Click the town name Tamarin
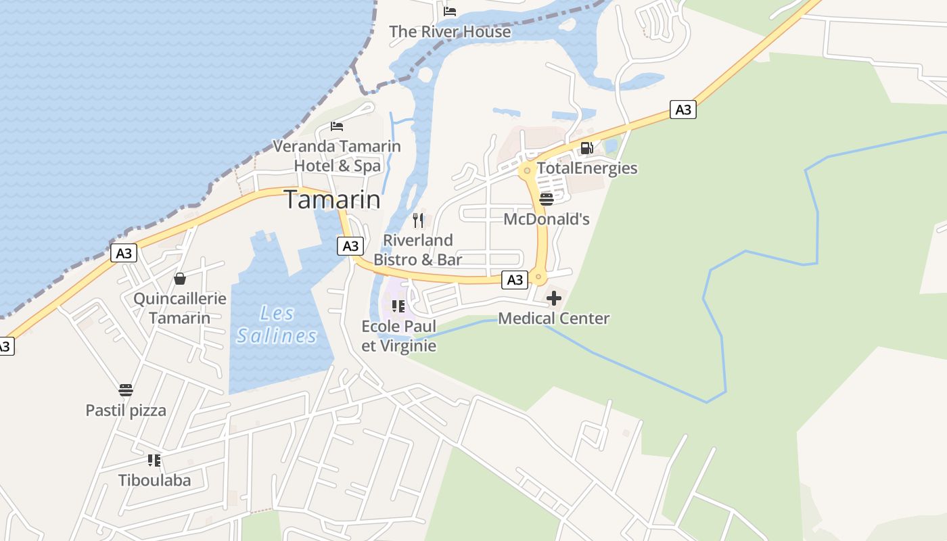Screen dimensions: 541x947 [331, 200]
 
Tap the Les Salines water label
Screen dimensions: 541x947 [277, 325]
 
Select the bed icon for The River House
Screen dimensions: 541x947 [450, 11]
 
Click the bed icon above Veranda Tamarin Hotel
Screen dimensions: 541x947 [337, 126]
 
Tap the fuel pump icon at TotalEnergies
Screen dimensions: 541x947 [587, 148]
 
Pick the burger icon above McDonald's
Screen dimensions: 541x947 [547, 199]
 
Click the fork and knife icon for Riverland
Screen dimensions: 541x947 [418, 220]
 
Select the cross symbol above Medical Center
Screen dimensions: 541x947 [554, 298]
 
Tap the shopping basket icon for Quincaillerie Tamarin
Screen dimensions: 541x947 [180, 279]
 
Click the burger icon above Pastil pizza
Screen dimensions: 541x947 [126, 390]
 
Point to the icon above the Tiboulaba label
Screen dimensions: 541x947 [154, 461]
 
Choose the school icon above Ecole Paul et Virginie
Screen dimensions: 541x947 [398, 306]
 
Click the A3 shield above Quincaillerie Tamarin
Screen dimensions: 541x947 [124, 254]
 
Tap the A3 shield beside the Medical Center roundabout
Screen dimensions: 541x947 [515, 280]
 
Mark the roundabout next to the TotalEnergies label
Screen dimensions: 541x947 [527, 170]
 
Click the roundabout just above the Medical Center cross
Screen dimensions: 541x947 [538, 277]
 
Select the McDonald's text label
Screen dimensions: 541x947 [547, 219]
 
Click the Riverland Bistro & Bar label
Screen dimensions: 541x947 [418, 250]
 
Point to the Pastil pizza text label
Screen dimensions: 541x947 [126, 410]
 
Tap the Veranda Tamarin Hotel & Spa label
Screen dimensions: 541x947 [337, 156]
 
